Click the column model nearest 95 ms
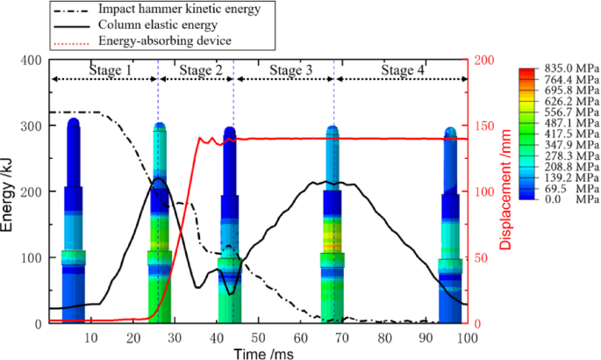click(450, 224)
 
